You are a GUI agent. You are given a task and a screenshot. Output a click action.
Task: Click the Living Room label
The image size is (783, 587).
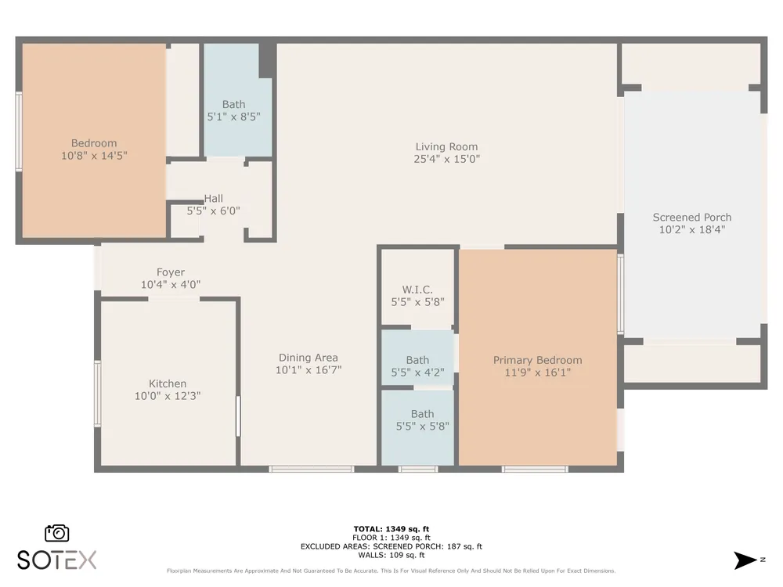click(446, 147)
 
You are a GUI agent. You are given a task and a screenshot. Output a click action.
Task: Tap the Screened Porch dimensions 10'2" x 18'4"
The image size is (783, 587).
click(692, 229)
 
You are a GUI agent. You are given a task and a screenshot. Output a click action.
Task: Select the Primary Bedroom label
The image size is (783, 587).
click(537, 360)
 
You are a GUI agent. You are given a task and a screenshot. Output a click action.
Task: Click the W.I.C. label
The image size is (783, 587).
click(417, 290)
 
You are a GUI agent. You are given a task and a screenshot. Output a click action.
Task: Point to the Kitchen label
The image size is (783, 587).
click(168, 384)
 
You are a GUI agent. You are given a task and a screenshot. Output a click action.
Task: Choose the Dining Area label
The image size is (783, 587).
click(308, 358)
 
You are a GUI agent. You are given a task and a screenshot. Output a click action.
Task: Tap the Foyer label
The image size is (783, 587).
click(170, 272)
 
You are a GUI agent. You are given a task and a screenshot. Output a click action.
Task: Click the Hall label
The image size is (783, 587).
click(213, 199)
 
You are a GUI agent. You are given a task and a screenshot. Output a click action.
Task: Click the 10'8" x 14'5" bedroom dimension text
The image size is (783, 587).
click(94, 156)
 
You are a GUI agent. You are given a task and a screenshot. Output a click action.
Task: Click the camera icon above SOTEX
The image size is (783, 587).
click(57, 533)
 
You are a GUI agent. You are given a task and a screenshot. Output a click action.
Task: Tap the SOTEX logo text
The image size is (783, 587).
click(56, 560)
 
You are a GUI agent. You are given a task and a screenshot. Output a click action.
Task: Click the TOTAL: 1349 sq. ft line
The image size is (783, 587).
click(391, 529)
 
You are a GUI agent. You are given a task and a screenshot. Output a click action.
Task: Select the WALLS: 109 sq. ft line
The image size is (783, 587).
click(391, 555)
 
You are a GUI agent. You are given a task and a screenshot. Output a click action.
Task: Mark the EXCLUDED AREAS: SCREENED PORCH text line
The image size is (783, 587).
click(391, 546)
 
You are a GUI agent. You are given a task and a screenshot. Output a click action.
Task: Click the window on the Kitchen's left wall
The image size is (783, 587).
click(98, 394)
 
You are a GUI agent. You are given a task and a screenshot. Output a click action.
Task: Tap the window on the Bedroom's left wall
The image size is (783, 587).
click(19, 131)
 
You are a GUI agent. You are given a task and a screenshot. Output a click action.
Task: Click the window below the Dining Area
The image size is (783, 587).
click(312, 469)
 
